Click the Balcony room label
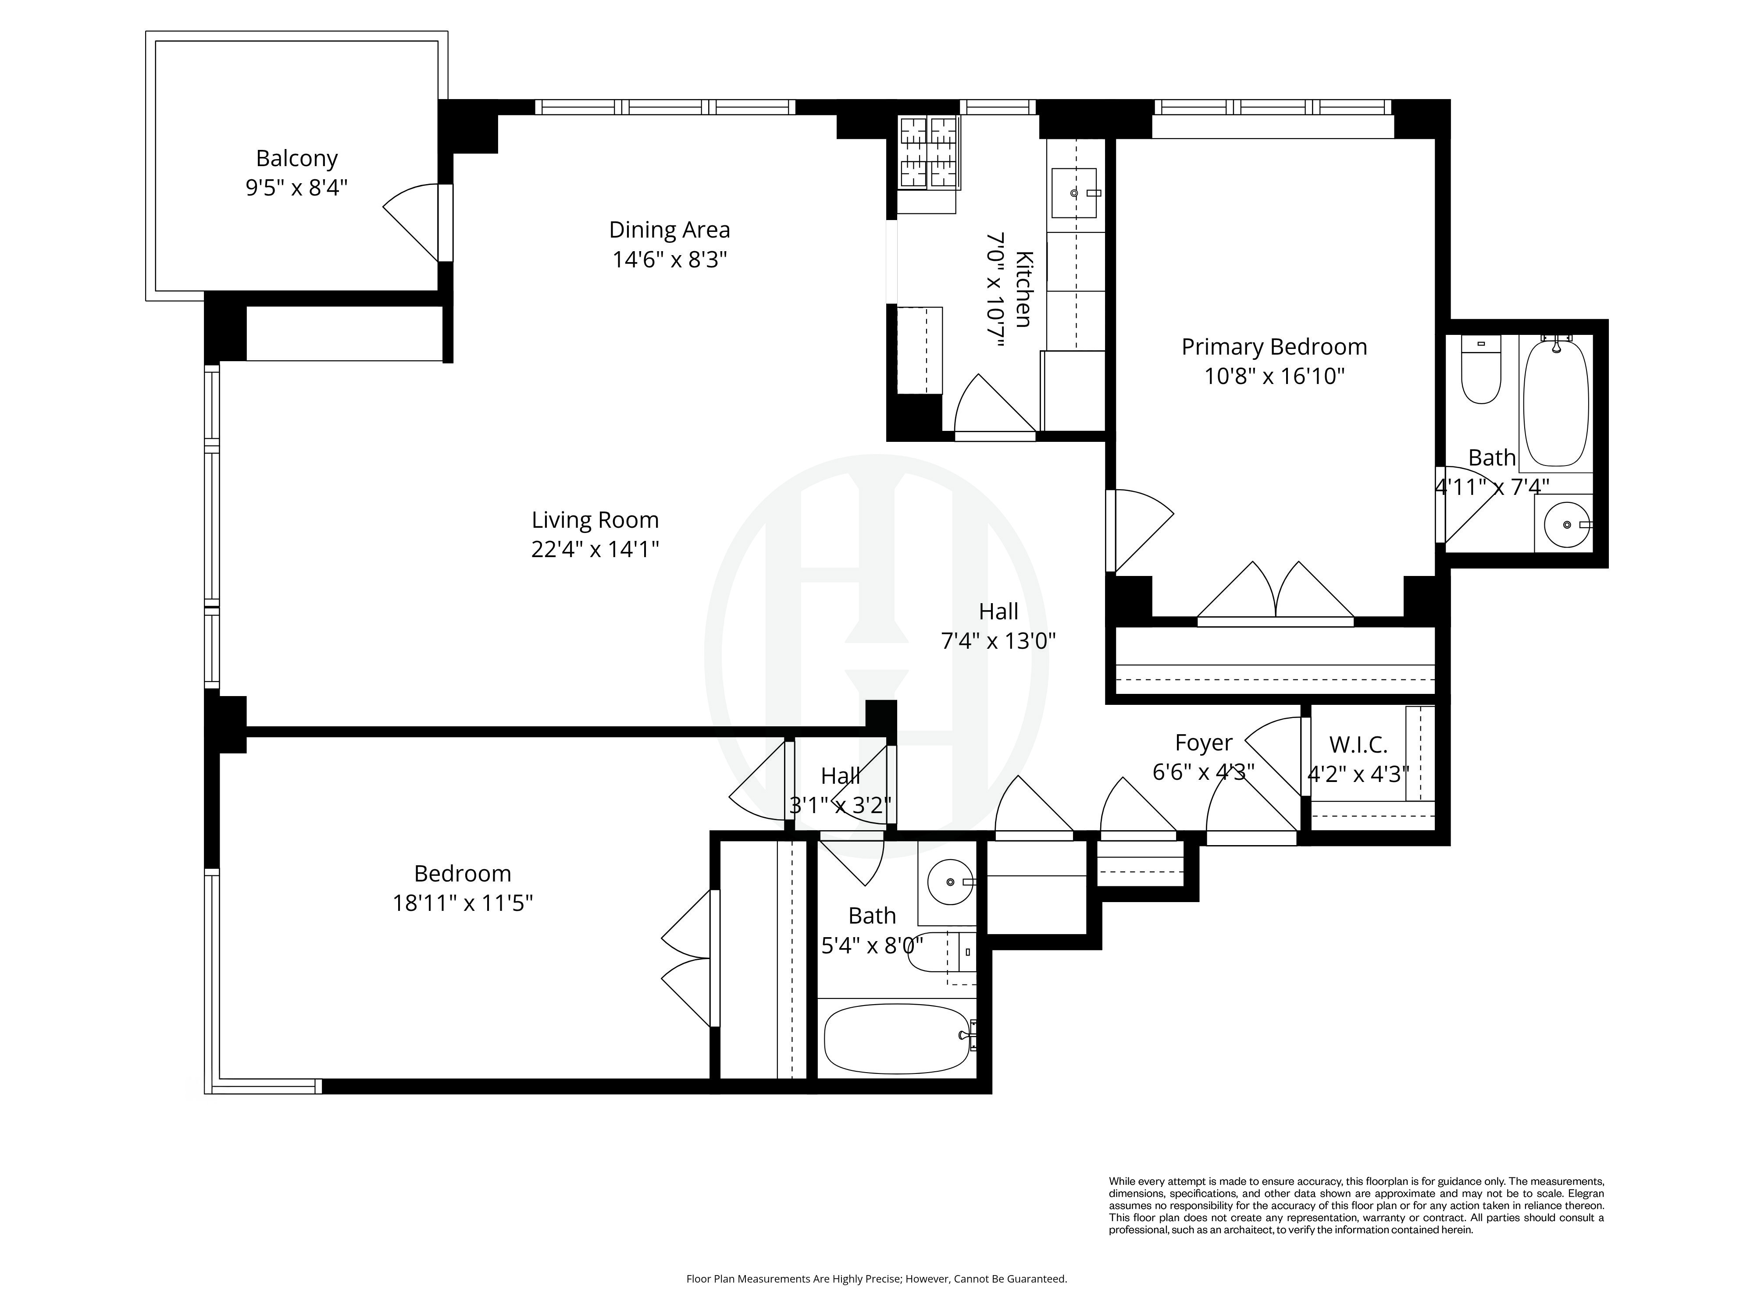click(296, 159)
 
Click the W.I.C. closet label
click(1358, 745)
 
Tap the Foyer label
click(1203, 743)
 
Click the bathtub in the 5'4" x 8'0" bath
click(896, 1038)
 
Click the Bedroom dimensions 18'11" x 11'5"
click(462, 903)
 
